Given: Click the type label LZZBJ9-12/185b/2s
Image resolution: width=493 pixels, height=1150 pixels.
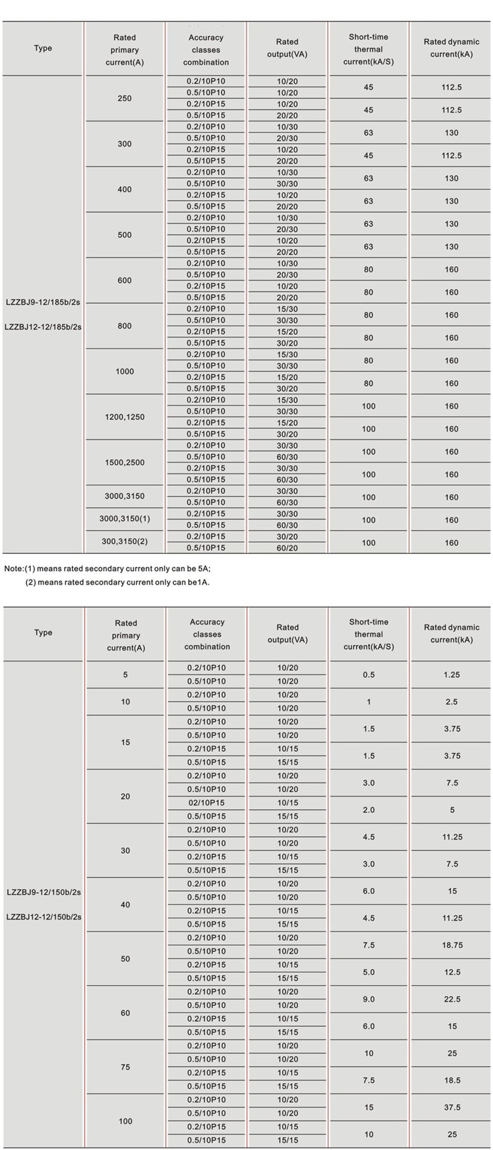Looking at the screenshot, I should click(x=43, y=302).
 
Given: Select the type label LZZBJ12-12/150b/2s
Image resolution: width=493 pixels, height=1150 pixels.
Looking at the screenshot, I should click(x=44, y=917).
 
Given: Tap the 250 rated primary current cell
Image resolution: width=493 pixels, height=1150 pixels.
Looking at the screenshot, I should click(x=124, y=99).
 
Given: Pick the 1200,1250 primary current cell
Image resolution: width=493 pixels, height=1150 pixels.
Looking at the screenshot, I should click(x=124, y=417).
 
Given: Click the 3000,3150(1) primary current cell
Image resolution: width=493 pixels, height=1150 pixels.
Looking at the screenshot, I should click(x=124, y=519).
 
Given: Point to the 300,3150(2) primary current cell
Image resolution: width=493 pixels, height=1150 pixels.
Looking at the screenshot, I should click(x=124, y=541).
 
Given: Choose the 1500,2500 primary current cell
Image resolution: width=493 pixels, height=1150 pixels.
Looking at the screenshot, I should click(x=124, y=463).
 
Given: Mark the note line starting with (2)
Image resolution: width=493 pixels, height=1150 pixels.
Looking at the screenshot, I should click(x=117, y=582).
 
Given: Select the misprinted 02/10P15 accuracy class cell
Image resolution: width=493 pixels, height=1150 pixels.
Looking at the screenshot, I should click(x=206, y=802).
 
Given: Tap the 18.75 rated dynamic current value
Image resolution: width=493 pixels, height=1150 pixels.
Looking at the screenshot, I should click(x=452, y=945).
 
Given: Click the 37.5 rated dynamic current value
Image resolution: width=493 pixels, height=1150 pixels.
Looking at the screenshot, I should click(x=452, y=1107).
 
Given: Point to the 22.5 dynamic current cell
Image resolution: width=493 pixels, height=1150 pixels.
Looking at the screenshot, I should click(x=452, y=999).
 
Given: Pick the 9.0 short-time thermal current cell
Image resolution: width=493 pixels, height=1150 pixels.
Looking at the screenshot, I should click(x=369, y=999).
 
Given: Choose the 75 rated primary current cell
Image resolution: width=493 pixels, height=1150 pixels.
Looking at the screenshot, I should click(x=125, y=1067).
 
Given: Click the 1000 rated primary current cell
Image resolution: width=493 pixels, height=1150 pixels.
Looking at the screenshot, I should click(x=124, y=371).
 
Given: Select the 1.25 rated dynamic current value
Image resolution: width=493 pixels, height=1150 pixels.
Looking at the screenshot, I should click(x=452, y=674).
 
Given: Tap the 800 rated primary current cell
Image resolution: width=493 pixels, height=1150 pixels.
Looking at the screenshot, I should click(x=124, y=326).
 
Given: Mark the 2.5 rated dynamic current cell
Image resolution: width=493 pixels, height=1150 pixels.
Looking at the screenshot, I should click(x=452, y=702).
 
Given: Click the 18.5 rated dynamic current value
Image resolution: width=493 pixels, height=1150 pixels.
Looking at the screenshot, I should click(x=452, y=1080).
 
